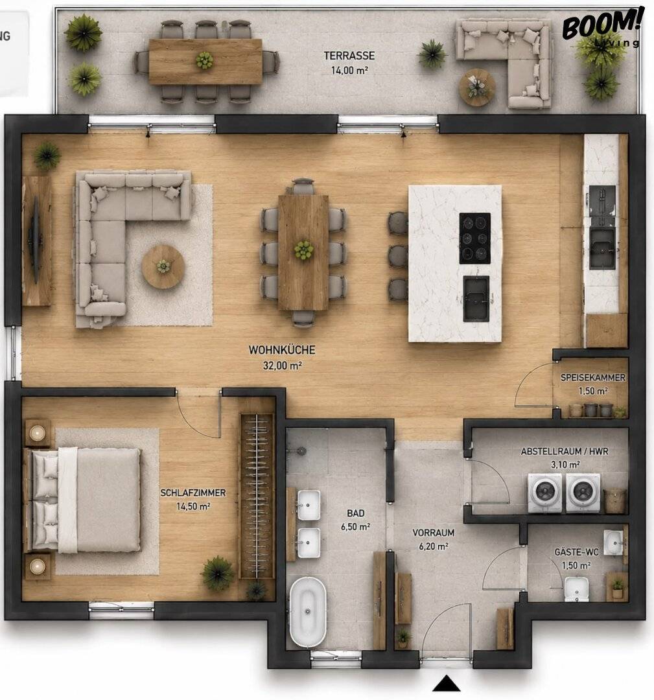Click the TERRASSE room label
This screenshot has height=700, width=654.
(x=349, y=56)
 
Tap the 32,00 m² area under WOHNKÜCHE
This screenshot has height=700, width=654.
(x=282, y=366)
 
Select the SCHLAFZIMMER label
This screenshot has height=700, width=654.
(x=193, y=493)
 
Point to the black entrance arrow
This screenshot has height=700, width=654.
(x=447, y=683)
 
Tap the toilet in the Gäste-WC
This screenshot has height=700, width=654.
(x=576, y=589)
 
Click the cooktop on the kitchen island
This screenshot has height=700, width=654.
(x=474, y=238)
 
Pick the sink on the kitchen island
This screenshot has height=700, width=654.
(x=476, y=299)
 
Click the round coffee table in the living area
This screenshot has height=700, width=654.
(x=163, y=266)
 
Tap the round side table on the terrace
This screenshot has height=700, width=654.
(x=477, y=87)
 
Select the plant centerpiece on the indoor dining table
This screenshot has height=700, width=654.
(x=303, y=250)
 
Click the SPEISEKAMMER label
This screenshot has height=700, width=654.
(x=593, y=378)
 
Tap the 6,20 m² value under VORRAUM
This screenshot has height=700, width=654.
(x=434, y=546)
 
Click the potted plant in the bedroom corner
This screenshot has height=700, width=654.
(x=217, y=574)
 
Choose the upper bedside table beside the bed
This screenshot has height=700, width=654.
(x=38, y=432)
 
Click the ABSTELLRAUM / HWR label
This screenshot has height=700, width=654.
(x=565, y=451)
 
